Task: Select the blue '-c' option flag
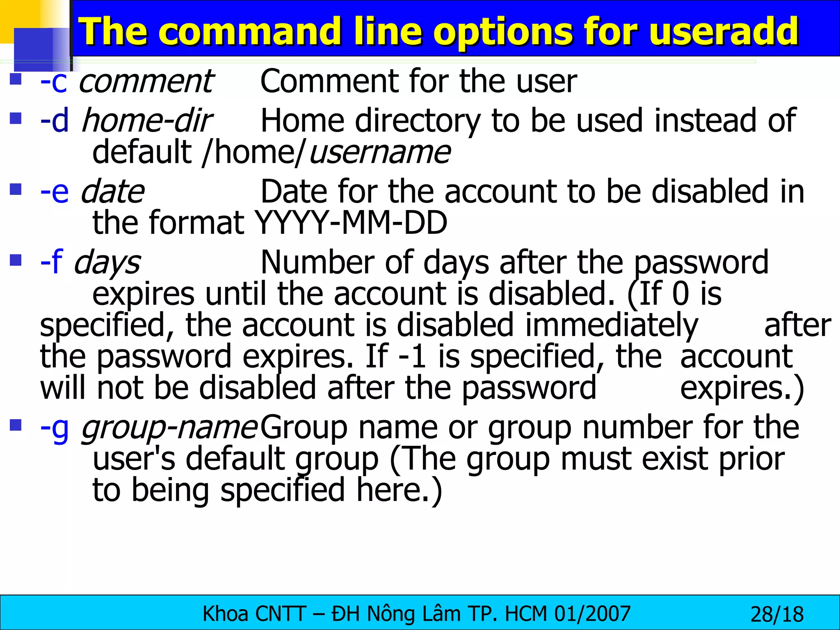[x=54, y=82]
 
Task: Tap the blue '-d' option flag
[x=55, y=121]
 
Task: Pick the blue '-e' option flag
[x=55, y=192]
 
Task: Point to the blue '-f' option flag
[x=51, y=262]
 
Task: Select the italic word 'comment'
[x=146, y=82]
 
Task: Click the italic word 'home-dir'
[x=146, y=121]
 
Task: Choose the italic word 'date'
[x=112, y=192]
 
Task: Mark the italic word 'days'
[x=107, y=263]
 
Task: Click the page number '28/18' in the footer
[x=777, y=614]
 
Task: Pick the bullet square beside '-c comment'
[x=16, y=78]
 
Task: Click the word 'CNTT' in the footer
[x=280, y=614]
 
